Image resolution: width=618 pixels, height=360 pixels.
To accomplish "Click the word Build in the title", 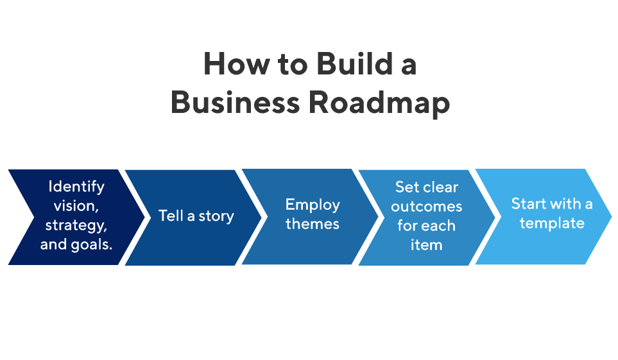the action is click(355, 64).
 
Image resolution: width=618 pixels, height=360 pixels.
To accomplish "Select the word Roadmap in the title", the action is click(379, 103).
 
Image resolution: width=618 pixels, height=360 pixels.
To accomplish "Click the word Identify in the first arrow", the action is click(76, 187).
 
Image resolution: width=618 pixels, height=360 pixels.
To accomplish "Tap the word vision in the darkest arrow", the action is click(75, 206).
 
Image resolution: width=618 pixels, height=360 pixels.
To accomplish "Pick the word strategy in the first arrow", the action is click(75, 225).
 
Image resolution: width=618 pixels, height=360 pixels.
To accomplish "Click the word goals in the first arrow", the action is click(91, 245).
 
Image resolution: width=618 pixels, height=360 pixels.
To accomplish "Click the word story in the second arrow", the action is click(216, 216).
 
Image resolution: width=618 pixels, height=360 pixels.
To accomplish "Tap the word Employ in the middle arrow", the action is click(313, 205).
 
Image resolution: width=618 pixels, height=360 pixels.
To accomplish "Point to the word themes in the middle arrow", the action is click(312, 224).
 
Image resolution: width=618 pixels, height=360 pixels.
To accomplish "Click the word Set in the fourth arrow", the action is click(407, 187).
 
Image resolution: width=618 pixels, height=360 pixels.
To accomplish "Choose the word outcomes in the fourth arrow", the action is click(427, 207).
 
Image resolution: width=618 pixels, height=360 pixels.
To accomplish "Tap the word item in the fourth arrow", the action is click(427, 245).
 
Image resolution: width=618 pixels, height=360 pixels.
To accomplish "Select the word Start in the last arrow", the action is click(528, 203).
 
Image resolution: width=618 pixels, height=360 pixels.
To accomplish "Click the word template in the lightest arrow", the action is click(552, 223).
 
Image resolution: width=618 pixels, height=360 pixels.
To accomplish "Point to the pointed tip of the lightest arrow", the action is click(612, 216).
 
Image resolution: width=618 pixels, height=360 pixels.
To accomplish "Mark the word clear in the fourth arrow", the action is click(440, 187).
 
